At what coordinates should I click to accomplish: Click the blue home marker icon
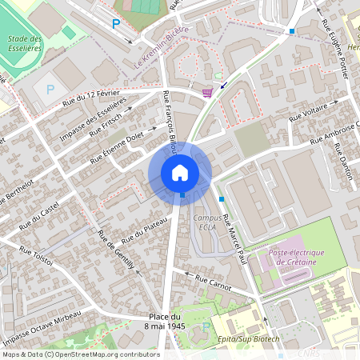click(180, 172)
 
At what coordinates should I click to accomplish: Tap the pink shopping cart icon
click(208, 93)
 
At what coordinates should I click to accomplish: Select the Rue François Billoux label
click(170, 118)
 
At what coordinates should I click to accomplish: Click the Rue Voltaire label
click(308, 115)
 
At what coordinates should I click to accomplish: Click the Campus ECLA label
click(206, 222)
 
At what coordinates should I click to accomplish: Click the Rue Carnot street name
click(213, 282)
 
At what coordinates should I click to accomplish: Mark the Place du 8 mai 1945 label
click(166, 322)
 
